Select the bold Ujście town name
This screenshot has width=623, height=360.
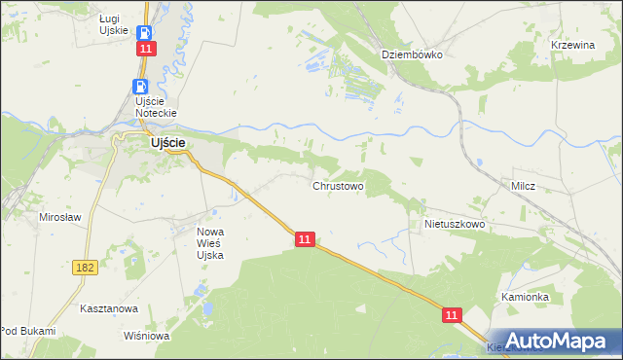click(x=167, y=142)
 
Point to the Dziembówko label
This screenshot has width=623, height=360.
click(x=412, y=54)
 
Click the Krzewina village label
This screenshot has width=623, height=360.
click(x=572, y=46)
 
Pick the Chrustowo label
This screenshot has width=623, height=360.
click(x=338, y=185)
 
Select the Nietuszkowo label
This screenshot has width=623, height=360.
click(x=455, y=224)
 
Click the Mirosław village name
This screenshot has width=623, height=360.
click(x=59, y=217)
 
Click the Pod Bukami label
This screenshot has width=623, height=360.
click(x=28, y=331)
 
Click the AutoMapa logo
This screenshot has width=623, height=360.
click(x=554, y=341)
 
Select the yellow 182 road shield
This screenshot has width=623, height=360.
click(x=84, y=266)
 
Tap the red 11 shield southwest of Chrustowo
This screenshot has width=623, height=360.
click(x=306, y=238)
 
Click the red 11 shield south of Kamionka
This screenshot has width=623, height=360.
click(x=452, y=314)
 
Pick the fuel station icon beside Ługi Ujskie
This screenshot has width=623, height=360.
click(x=144, y=32)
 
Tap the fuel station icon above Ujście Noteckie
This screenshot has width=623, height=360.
click(x=138, y=87)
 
